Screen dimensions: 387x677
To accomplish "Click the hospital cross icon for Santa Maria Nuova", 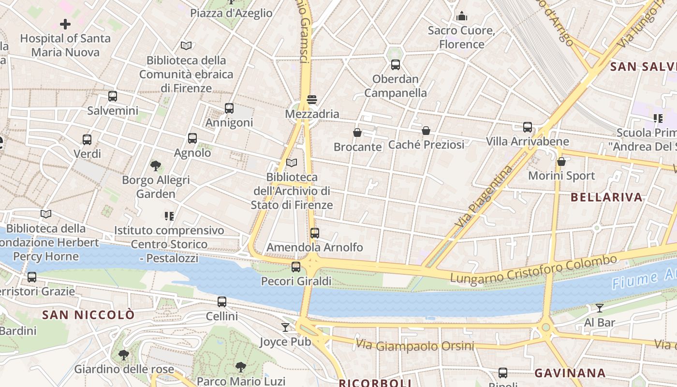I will coord(65,24).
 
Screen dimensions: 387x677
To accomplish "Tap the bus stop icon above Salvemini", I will coord(113,96).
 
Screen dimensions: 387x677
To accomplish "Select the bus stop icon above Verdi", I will coord(87,139).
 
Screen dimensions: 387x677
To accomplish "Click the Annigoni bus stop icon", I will coord(229,108).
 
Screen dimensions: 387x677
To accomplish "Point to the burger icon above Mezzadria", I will coord(312,100).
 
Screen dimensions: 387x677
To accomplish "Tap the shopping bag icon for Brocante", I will coord(357,132).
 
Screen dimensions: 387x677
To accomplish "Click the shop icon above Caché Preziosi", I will coord(426,130).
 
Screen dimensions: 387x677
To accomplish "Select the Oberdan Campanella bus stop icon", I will coord(396,64).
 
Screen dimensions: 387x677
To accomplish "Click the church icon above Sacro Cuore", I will coord(462,16).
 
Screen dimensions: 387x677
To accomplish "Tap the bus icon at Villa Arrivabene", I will coord(528,127).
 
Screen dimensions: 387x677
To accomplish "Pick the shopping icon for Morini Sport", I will coord(561,161).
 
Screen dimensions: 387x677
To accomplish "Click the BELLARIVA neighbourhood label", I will coord(606,197).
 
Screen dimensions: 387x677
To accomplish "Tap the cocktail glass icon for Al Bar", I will coord(600,308).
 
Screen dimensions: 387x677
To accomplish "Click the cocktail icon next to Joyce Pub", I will coord(285,327).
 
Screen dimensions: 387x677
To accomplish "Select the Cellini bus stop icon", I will coord(222,301).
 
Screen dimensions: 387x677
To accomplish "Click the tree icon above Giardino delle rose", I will coord(124,355).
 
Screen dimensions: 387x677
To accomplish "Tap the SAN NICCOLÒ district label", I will coord(88,315).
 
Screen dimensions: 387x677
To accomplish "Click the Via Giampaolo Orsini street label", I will coord(414,345).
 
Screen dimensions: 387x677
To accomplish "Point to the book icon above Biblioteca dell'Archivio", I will coord(292,163).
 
